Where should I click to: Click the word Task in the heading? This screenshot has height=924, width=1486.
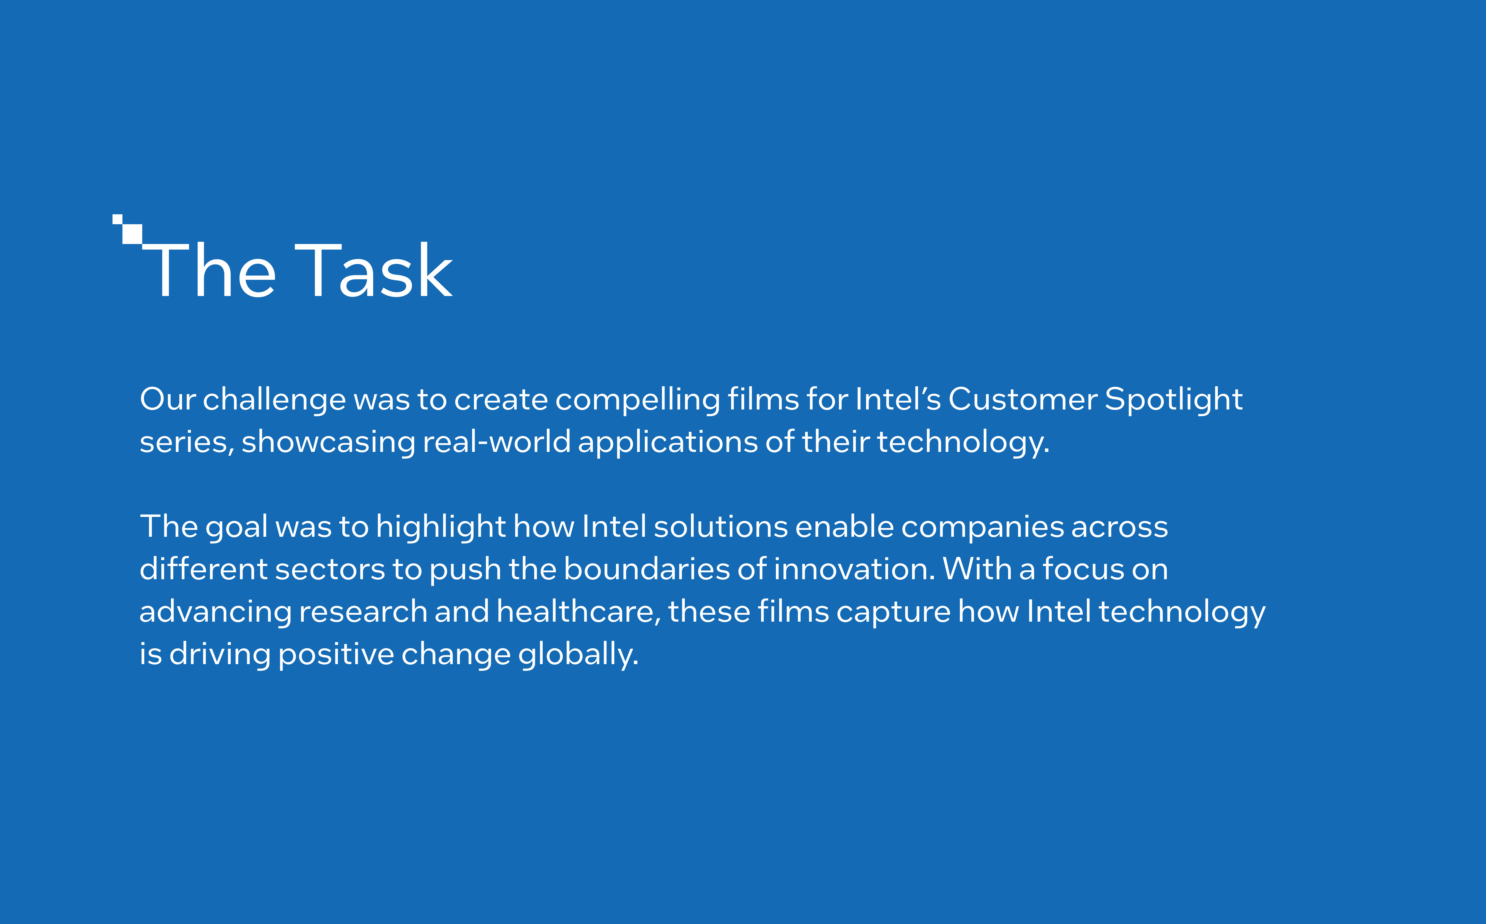[374, 271]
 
